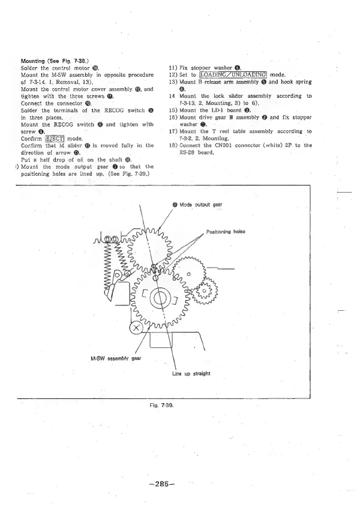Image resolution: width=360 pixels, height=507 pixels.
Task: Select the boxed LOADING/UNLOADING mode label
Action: [232, 74]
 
